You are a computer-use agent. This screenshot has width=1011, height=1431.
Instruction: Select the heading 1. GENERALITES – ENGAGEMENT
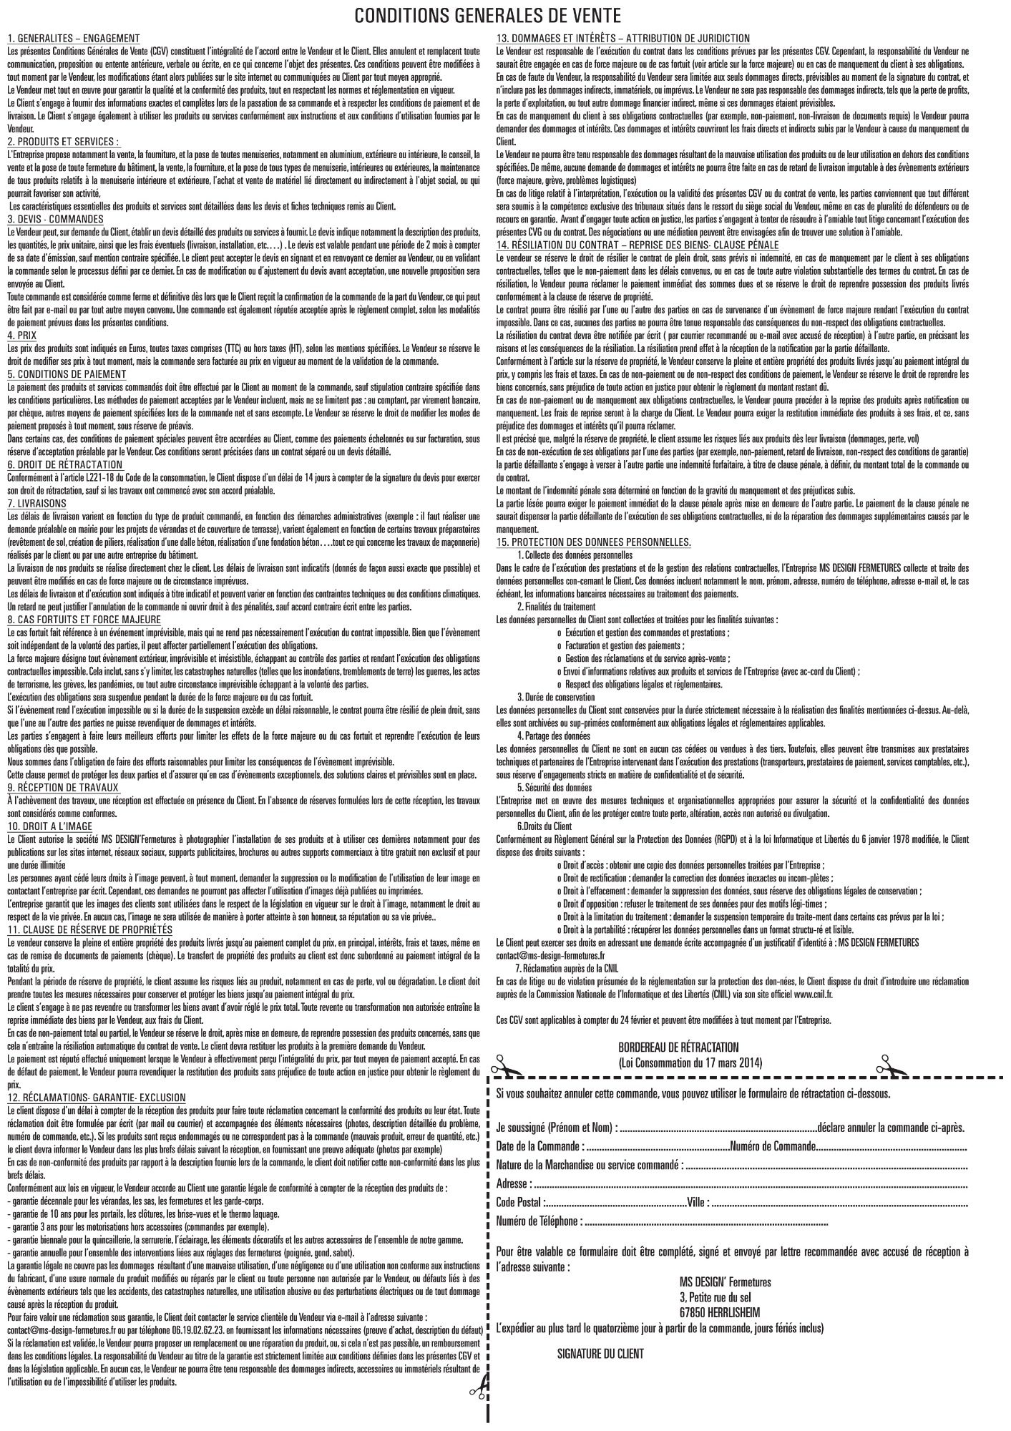pos(74,38)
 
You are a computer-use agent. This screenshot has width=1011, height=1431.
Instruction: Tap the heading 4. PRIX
pos(22,334)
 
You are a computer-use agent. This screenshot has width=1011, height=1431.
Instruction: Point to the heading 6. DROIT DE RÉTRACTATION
pos(65,464)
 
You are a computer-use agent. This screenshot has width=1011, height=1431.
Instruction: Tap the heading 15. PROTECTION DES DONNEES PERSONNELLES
pos(594,542)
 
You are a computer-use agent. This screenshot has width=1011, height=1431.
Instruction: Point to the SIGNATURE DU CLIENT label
pos(600,1353)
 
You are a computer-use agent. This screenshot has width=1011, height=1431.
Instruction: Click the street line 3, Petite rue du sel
pos(715,1297)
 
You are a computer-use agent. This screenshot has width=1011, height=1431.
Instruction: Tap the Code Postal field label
pos(519,1201)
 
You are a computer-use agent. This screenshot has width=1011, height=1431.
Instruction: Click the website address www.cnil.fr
pos(812,994)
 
